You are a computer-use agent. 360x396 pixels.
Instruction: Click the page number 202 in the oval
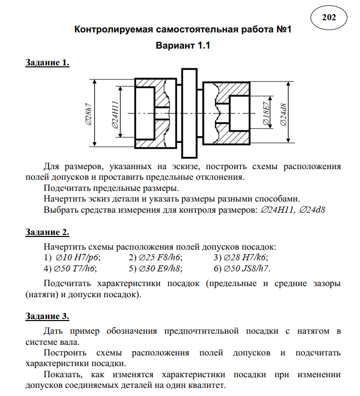(x=329, y=18)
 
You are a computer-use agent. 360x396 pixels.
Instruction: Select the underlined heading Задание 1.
(x=47, y=63)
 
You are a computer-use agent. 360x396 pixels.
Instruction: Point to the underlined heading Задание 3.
(x=47, y=316)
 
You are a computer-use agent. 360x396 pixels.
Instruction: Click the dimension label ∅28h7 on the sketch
(x=89, y=114)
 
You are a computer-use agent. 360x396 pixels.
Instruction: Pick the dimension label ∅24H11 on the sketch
(x=115, y=114)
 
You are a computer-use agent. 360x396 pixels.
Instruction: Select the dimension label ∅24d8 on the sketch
(x=284, y=114)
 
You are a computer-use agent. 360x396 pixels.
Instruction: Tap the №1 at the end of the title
(x=283, y=30)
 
